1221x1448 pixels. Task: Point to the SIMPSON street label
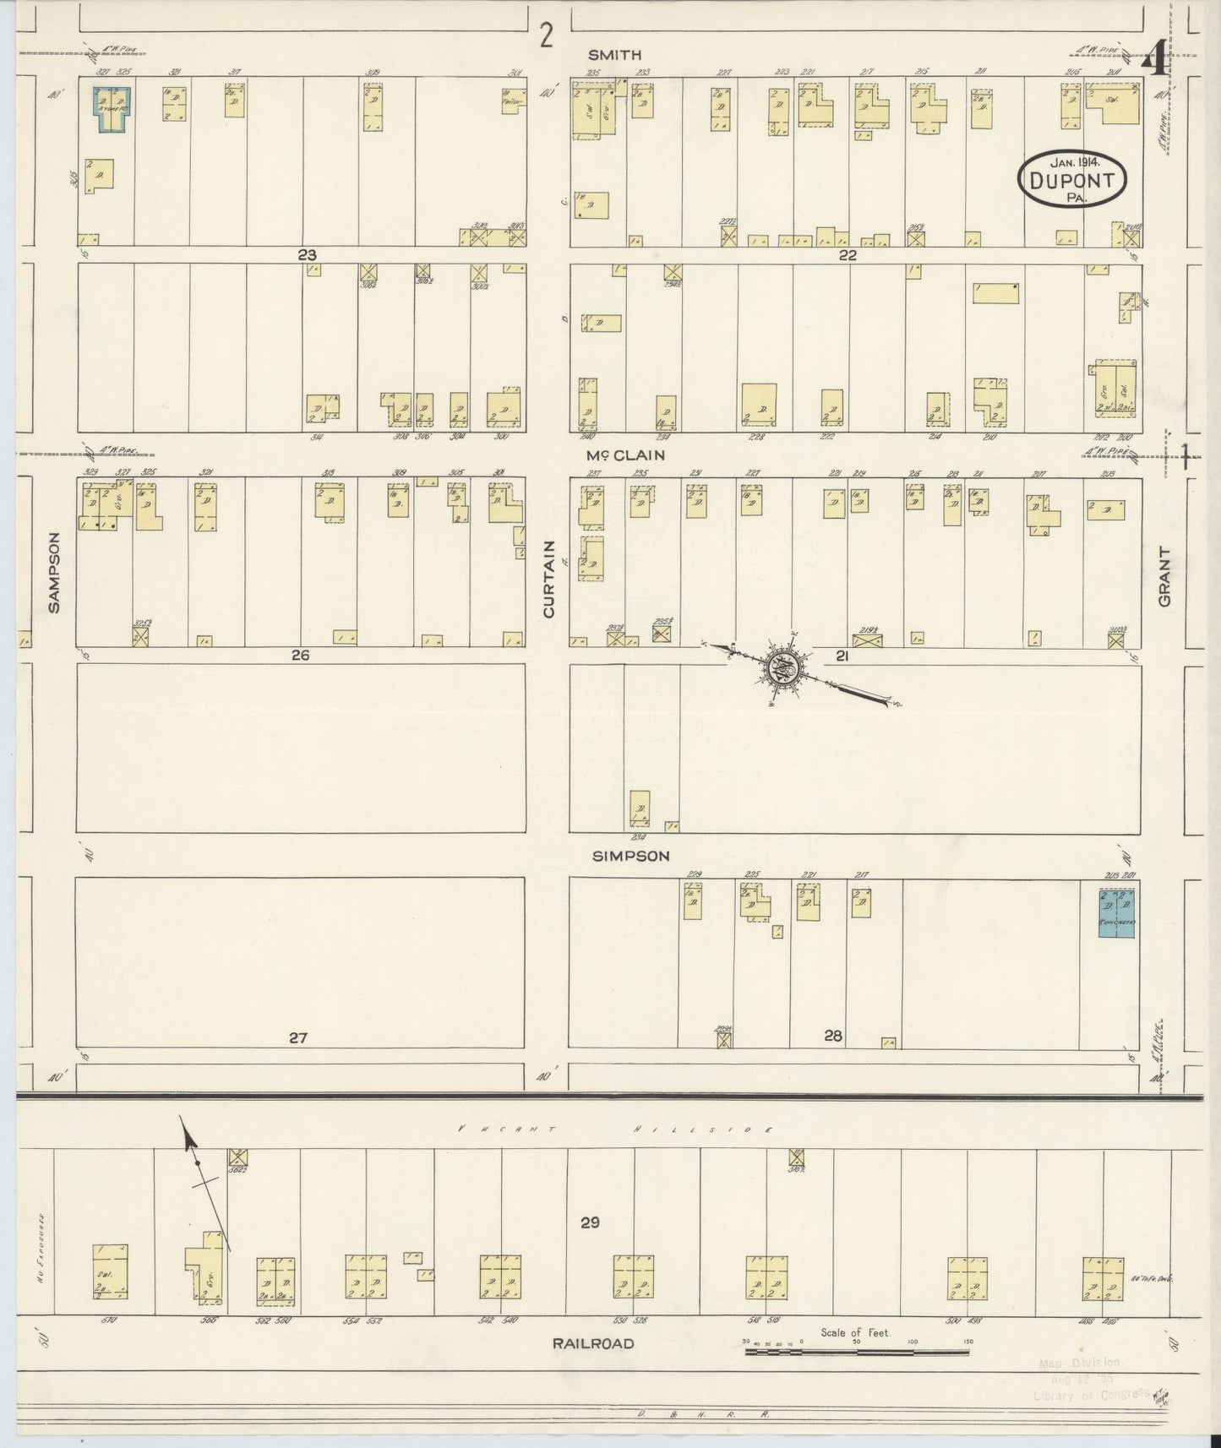pyautogui.click(x=630, y=856)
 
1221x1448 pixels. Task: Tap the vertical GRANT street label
pyautogui.click(x=1165, y=576)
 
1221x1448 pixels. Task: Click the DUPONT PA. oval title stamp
pyautogui.click(x=1075, y=178)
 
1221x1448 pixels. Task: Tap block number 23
pyautogui.click(x=307, y=253)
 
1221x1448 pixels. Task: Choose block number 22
pyautogui.click(x=848, y=254)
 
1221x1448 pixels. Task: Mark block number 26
pyautogui.click(x=301, y=655)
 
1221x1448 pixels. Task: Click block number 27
pyautogui.click(x=297, y=1037)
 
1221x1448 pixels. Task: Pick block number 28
pyautogui.click(x=833, y=1036)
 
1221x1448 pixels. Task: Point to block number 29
pyautogui.click(x=590, y=1222)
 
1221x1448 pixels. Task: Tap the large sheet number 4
pyautogui.click(x=1155, y=61)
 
